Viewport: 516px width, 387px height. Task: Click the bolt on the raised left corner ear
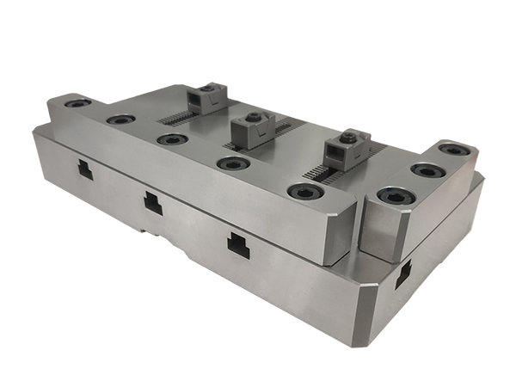point(77,103)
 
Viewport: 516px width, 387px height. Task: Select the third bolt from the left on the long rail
point(170,138)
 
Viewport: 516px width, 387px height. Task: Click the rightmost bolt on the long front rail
point(300,191)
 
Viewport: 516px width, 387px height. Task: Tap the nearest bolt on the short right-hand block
point(394,198)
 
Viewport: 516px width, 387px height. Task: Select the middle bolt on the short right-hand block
point(425,169)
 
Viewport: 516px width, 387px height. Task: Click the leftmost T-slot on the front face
point(85,169)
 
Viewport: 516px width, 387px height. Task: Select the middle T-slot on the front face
point(152,203)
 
